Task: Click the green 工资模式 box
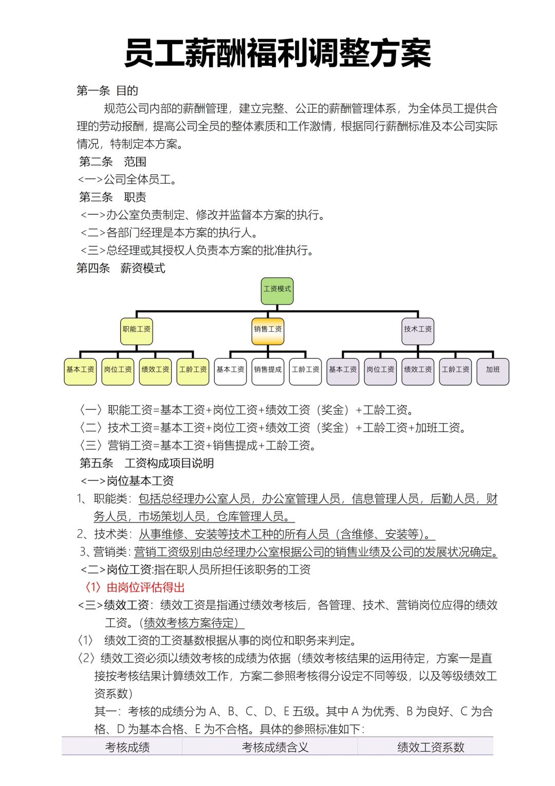click(277, 291)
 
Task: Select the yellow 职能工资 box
click(136, 331)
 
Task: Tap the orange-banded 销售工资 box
click(268, 331)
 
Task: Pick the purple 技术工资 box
click(418, 331)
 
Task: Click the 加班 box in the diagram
click(493, 371)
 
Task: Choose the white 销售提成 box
click(268, 371)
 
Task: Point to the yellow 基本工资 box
click(80, 371)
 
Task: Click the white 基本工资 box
click(230, 371)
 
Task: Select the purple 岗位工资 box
click(380, 371)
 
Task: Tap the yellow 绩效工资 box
click(155, 371)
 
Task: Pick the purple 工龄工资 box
click(455, 371)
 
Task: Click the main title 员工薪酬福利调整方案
click(277, 53)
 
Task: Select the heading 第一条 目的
click(107, 91)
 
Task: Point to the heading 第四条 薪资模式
click(121, 268)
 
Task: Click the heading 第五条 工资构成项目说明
click(146, 463)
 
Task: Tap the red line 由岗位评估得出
click(134, 587)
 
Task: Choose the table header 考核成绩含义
click(275, 747)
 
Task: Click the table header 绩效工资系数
click(431, 747)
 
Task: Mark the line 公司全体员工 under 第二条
click(127, 180)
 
